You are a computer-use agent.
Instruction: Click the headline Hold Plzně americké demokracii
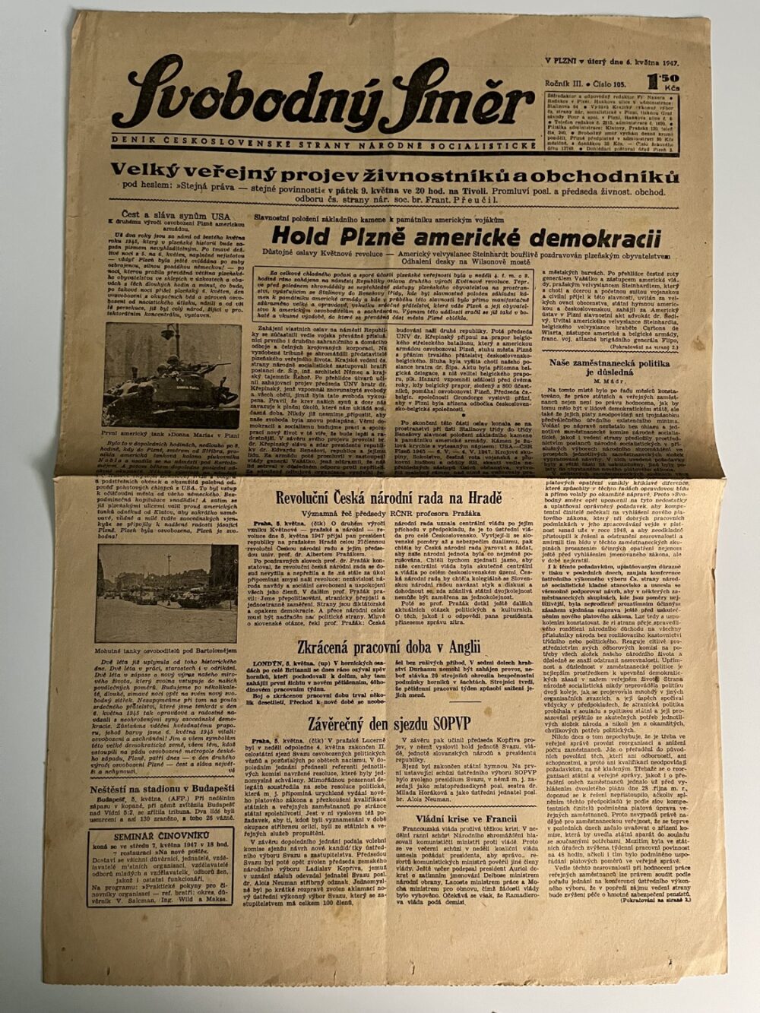click(466, 236)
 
